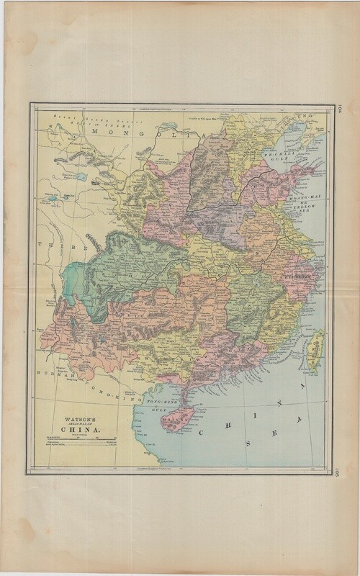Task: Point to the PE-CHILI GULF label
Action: click(x=276, y=156)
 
